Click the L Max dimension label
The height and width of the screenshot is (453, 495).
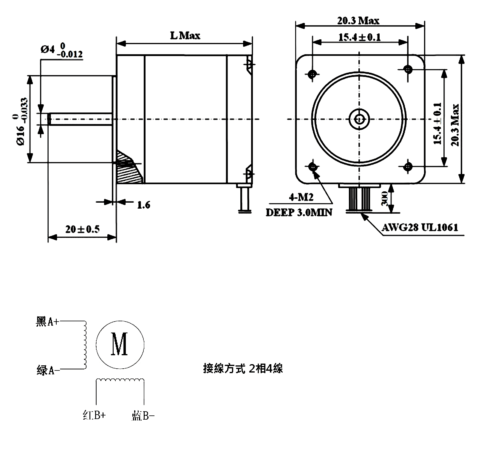pyautogui.click(x=185, y=36)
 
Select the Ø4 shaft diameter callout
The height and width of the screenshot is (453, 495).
pyautogui.click(x=61, y=51)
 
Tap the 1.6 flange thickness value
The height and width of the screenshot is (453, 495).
pyautogui.click(x=143, y=205)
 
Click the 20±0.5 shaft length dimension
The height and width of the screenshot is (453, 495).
pyautogui.click(x=83, y=229)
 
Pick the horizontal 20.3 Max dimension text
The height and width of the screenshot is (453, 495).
pyautogui.click(x=358, y=21)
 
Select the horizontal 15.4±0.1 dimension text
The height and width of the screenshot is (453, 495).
pyautogui.click(x=360, y=37)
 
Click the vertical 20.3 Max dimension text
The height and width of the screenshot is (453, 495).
pyautogui.click(x=455, y=125)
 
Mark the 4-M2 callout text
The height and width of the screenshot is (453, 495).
pyautogui.click(x=301, y=197)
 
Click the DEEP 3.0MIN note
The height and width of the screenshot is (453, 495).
pyautogui.click(x=299, y=212)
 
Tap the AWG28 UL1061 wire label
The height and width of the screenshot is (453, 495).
pyautogui.click(x=420, y=228)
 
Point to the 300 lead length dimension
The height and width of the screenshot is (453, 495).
pyautogui.click(x=384, y=198)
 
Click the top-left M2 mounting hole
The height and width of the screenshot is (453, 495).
pyautogui.click(x=313, y=73)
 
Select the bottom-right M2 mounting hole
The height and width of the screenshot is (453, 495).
pyautogui.click(x=408, y=167)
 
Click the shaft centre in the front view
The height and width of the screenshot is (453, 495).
pyautogui.click(x=360, y=119)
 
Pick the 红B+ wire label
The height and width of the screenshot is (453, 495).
pyautogui.click(x=94, y=415)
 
